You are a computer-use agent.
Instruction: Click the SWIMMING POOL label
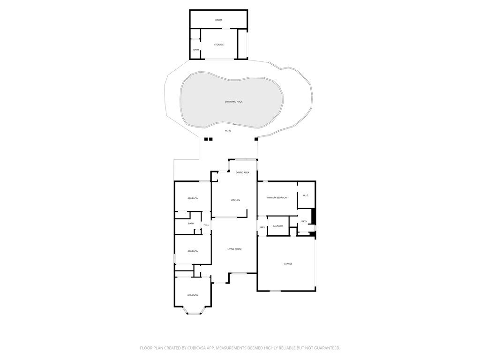(x=233, y=102)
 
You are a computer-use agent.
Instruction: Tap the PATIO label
(x=228, y=131)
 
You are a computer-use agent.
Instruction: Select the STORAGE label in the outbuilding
(x=219, y=45)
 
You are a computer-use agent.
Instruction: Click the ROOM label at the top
(x=218, y=20)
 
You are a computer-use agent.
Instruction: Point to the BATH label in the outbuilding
(x=196, y=50)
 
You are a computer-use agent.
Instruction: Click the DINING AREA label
(x=242, y=172)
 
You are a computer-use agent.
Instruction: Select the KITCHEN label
(x=235, y=200)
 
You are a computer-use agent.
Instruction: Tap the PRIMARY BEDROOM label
(x=277, y=198)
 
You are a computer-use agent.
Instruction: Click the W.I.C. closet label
(x=306, y=195)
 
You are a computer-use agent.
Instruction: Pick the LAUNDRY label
(x=278, y=226)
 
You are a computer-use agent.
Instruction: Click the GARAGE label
(x=288, y=264)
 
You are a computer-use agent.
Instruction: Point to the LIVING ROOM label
(x=234, y=249)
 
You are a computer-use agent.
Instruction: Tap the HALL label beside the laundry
(x=262, y=227)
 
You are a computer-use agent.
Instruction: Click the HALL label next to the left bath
(x=206, y=225)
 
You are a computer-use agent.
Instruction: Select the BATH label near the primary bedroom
(x=304, y=221)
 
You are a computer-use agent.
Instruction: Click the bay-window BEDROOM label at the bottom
(x=193, y=295)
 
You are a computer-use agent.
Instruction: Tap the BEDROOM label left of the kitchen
(x=193, y=199)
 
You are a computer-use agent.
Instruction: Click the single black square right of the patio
(x=256, y=139)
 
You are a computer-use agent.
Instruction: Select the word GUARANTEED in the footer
(x=324, y=348)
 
